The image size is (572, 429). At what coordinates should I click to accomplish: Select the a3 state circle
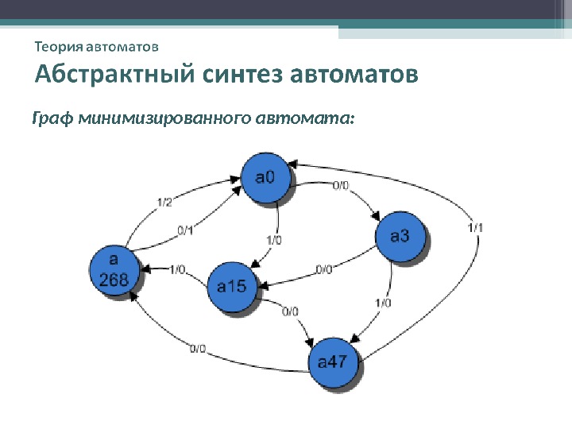[400, 236]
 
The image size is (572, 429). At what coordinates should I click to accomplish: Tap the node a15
[232, 288]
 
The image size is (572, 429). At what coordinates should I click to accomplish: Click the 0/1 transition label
[185, 231]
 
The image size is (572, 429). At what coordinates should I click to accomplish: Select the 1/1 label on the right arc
[476, 227]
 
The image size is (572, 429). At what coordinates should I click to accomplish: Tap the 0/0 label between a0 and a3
[339, 186]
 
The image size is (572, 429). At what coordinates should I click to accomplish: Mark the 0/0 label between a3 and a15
[323, 269]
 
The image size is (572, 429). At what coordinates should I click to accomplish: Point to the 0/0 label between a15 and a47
[290, 311]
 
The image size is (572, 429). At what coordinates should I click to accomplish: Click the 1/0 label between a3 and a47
[382, 302]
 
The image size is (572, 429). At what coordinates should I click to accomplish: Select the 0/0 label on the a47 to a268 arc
[198, 348]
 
